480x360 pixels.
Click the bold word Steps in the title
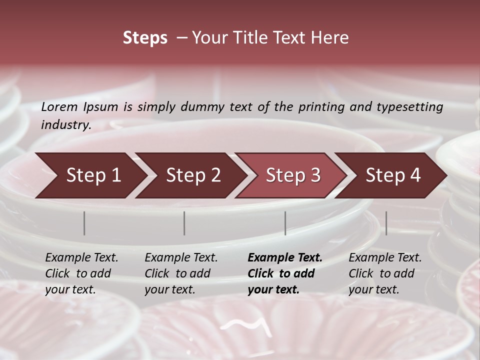(145, 38)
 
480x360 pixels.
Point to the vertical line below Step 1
(84, 223)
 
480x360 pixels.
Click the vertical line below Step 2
(184, 223)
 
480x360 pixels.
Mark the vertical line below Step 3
(285, 223)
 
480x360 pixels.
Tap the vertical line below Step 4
(386, 223)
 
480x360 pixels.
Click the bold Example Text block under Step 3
(285, 273)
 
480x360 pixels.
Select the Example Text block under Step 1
(81, 273)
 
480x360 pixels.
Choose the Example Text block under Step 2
(181, 273)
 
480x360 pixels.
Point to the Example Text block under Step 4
(385, 273)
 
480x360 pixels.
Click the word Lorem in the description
(59, 107)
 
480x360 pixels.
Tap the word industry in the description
(66, 125)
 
